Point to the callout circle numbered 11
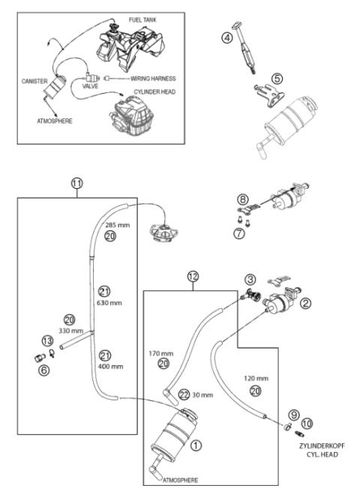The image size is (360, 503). click(x=77, y=182)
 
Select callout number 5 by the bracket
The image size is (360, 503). click(x=277, y=77)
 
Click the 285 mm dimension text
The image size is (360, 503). click(x=115, y=224)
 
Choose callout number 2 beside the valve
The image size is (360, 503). click(x=305, y=303)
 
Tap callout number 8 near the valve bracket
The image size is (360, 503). click(x=242, y=199)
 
